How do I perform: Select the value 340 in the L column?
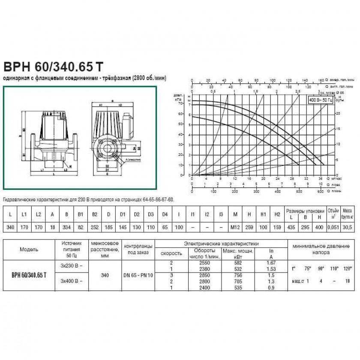pos(10,227)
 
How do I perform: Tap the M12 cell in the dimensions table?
pos(235,227)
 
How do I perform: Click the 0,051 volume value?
pos(332,227)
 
